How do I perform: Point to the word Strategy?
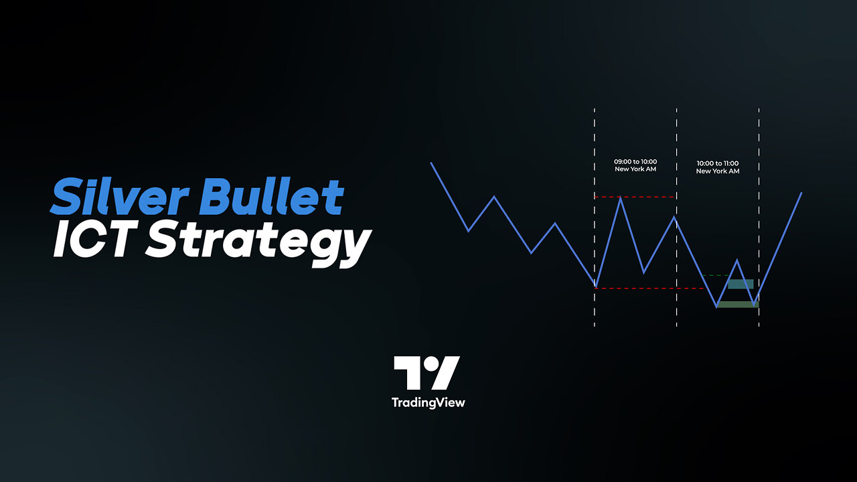click(258, 242)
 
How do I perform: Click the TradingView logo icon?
click(426, 373)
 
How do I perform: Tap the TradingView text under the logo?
click(428, 402)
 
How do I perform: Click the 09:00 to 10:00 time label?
click(635, 161)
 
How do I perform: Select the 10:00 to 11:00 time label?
click(718, 163)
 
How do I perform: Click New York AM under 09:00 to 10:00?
click(635, 169)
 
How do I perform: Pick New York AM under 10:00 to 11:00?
click(718, 171)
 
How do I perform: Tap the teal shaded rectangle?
click(741, 284)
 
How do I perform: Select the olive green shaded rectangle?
click(737, 305)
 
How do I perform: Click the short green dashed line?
click(716, 275)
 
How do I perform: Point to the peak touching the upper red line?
click(621, 197)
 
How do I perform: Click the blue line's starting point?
click(432, 163)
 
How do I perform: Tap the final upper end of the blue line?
click(801, 193)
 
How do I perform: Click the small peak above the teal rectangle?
click(737, 260)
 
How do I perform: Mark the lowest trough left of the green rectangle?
click(716, 307)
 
